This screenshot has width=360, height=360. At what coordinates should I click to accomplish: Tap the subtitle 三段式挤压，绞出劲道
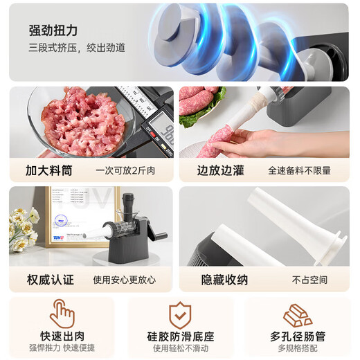[78, 48]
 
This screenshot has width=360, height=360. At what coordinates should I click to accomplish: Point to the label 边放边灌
[220, 170]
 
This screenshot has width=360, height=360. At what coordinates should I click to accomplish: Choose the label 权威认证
[51, 280]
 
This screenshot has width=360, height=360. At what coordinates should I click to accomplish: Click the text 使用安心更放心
[125, 280]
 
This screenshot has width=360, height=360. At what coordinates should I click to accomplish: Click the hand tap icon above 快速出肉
[62, 314]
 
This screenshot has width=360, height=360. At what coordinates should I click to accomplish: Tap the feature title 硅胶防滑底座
[180, 336]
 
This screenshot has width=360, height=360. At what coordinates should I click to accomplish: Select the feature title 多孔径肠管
[297, 336]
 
